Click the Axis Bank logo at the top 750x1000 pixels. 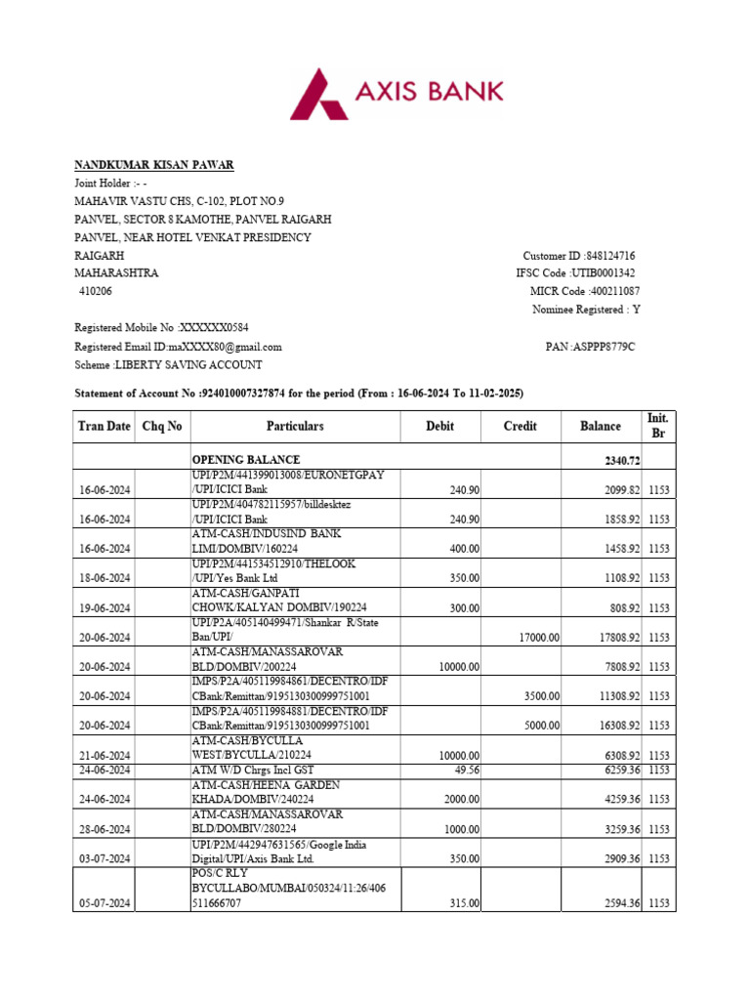[x=397, y=92]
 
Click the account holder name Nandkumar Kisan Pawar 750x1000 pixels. [x=154, y=165]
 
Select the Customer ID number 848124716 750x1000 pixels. [x=608, y=256]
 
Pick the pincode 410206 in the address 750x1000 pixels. [x=96, y=292]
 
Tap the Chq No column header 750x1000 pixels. [x=162, y=427]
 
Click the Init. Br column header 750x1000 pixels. [x=657, y=426]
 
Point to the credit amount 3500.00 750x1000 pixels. [x=541, y=696]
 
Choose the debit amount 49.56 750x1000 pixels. [x=465, y=770]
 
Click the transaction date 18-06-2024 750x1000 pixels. [x=104, y=579]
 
